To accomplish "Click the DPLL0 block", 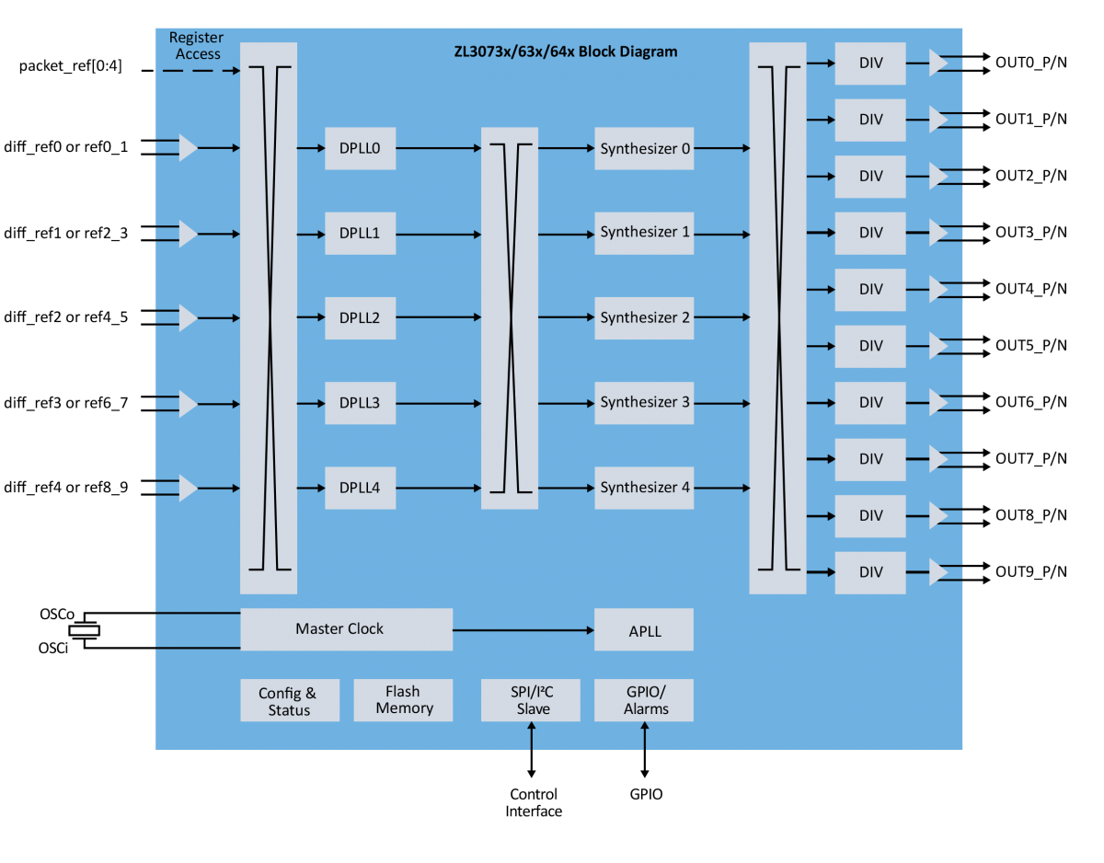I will [360, 148].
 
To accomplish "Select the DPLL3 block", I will [360, 403].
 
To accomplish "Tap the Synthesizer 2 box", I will [644, 318].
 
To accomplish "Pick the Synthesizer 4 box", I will [644, 488].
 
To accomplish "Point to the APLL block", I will [644, 630].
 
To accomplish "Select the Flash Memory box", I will [403, 700].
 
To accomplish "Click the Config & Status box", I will [290, 701].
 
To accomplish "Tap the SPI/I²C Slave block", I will [531, 700].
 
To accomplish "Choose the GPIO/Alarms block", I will [644, 700].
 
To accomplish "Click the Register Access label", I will [197, 46].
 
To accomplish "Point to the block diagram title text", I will [566, 52].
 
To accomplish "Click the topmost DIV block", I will [870, 63].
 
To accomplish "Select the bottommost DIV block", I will [870, 572].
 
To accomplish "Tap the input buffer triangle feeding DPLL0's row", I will [188, 147].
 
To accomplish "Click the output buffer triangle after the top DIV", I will [937, 63].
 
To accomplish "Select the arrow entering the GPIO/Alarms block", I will [644, 735].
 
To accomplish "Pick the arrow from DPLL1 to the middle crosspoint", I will [438, 235].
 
